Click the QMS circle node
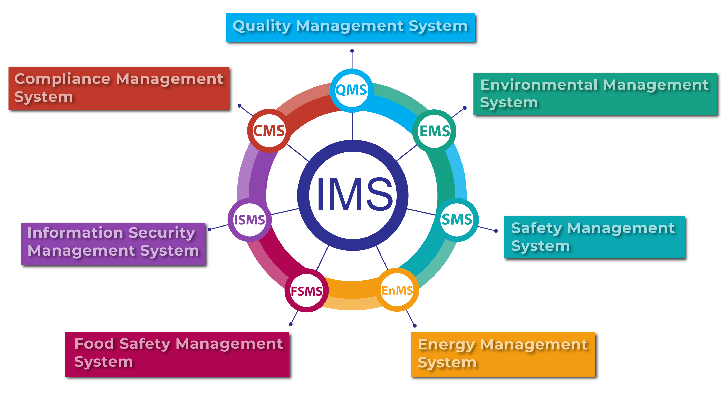click(x=351, y=91)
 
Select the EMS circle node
click(x=434, y=131)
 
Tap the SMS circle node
click(x=457, y=219)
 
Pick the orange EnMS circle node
click(x=397, y=290)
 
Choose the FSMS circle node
click(x=306, y=291)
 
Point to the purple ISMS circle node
click(x=249, y=220)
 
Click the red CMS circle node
click(x=269, y=131)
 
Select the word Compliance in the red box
click(x=63, y=79)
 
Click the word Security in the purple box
click(x=161, y=232)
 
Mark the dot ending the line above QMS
click(x=352, y=51)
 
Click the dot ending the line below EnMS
click(x=415, y=326)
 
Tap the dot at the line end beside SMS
click(x=496, y=231)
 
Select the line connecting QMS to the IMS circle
click(x=352, y=126)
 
